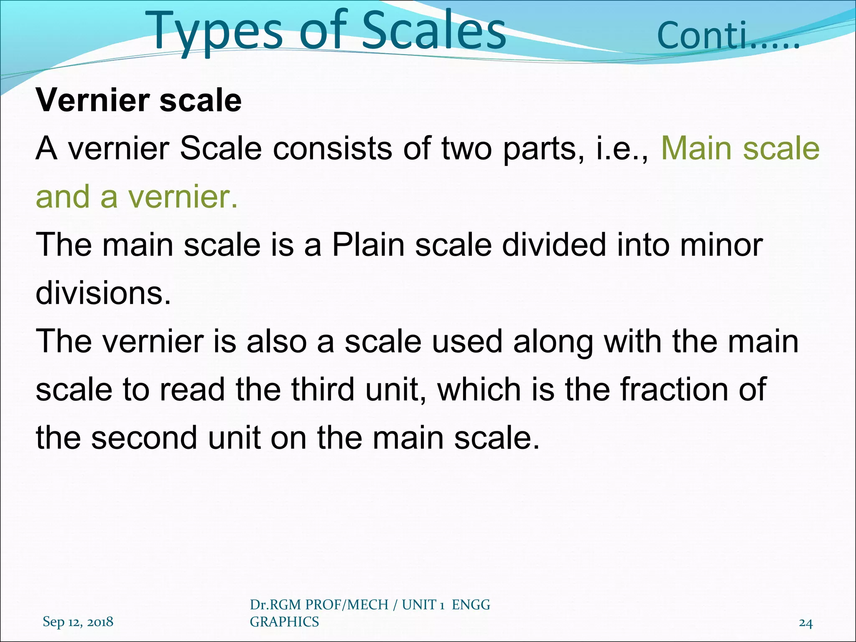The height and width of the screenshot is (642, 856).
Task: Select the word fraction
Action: [x=673, y=390]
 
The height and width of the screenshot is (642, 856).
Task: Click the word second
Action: [x=144, y=438]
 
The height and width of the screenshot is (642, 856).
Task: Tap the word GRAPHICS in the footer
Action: [x=284, y=622]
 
